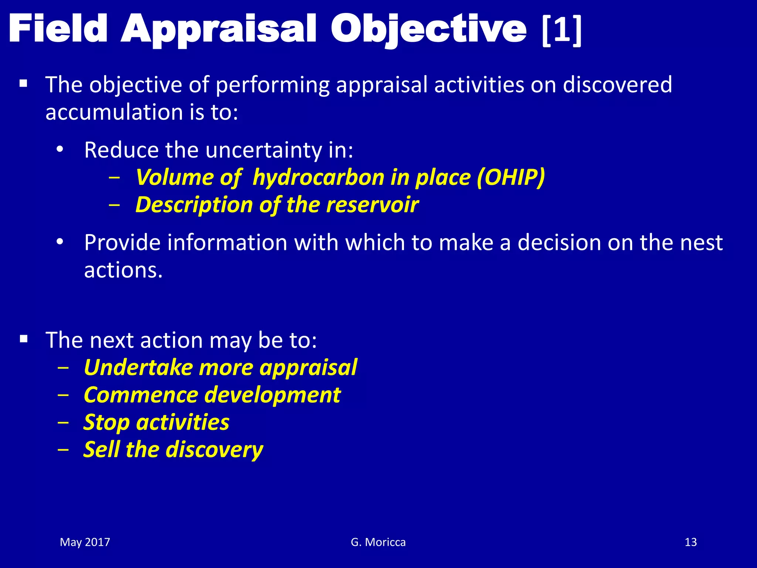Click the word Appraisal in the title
pyautogui.click(x=218, y=30)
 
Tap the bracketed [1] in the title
pyautogui.click(x=561, y=30)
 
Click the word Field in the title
pyautogui.click(x=58, y=29)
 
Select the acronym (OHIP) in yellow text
pyautogui.click(x=510, y=177)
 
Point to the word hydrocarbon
pyautogui.click(x=318, y=177)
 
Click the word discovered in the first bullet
pyautogui.click(x=617, y=85)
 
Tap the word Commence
pyautogui.click(x=141, y=395)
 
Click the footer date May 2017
pyautogui.click(x=85, y=542)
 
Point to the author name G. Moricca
pyautogui.click(x=378, y=542)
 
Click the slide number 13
pyautogui.click(x=690, y=542)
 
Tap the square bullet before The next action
pyautogui.click(x=24, y=339)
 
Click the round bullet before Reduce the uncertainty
pyautogui.click(x=60, y=150)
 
